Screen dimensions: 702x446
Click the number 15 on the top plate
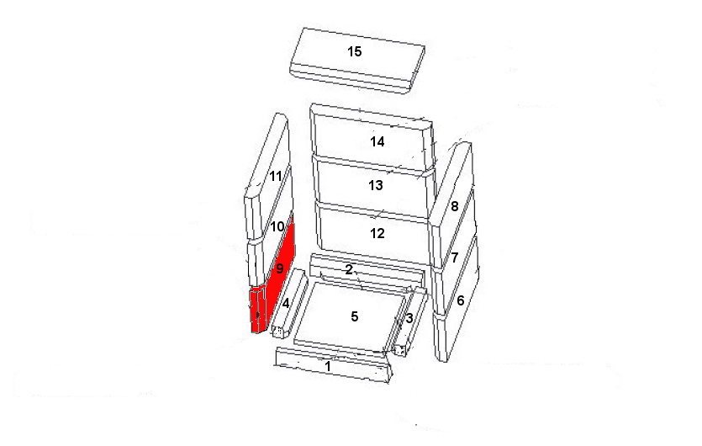(355, 51)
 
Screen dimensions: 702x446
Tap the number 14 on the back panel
(377, 141)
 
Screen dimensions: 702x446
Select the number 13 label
(376, 185)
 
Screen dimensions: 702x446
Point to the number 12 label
(377, 233)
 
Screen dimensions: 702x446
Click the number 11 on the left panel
(276, 176)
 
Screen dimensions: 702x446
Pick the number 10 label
(277, 226)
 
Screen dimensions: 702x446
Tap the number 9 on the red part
(280, 268)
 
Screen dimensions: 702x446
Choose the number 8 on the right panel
(455, 206)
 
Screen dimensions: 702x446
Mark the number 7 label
(455, 258)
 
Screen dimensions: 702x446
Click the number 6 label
(461, 300)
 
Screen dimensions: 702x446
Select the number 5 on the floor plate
(355, 316)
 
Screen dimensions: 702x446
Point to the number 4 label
(285, 304)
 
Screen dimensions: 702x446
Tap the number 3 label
(409, 319)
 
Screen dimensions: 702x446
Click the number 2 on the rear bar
(349, 269)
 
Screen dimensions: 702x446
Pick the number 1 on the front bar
(328, 366)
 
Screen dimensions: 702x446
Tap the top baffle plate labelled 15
(357, 61)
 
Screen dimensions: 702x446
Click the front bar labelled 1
(333, 365)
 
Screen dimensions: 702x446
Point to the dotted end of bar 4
(278, 332)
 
